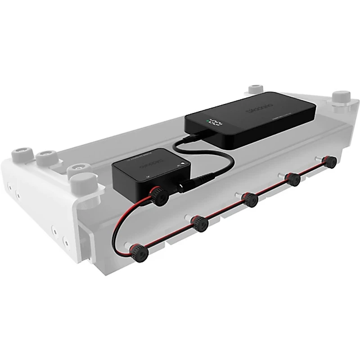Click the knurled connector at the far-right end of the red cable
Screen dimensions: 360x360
coord(332,162)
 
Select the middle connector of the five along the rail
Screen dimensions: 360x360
coord(249,198)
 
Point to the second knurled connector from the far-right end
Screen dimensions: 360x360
coord(294,180)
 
